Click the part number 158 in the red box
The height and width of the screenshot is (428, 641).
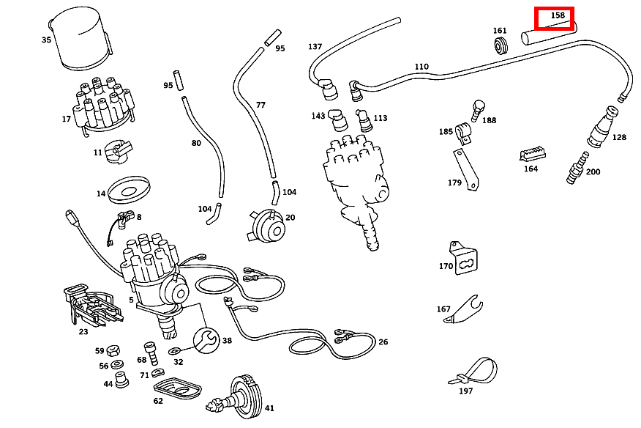[558, 15]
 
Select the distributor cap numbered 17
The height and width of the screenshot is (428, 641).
[104, 106]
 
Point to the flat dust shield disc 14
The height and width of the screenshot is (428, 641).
[130, 191]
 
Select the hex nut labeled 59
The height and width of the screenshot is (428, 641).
[114, 351]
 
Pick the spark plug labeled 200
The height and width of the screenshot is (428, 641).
[577, 168]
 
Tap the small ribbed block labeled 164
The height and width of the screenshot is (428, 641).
[532, 153]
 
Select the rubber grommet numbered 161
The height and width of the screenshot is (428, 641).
[501, 48]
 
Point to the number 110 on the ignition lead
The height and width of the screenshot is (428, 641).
[421, 67]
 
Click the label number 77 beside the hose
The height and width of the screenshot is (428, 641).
[260, 105]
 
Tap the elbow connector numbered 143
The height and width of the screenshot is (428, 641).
[337, 119]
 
